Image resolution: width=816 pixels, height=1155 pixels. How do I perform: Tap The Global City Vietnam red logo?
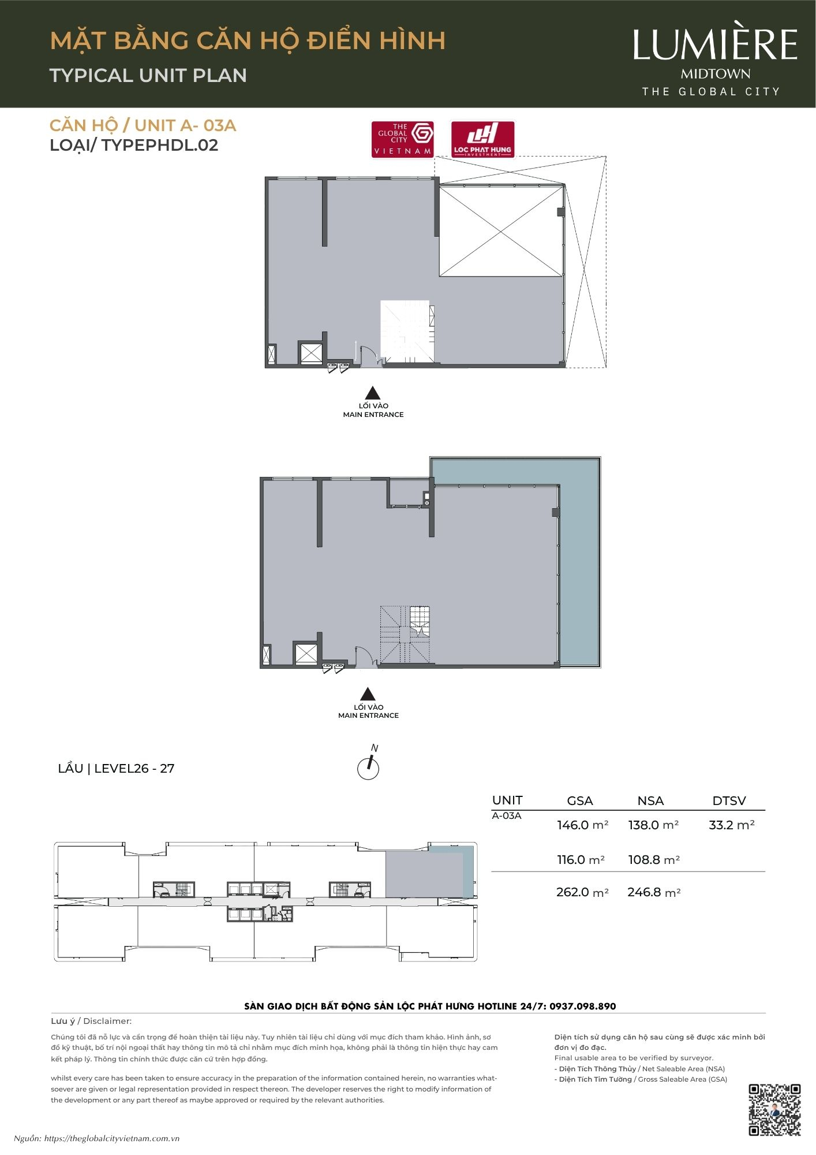point(402,139)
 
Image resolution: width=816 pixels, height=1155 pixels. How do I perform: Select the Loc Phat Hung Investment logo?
point(482,139)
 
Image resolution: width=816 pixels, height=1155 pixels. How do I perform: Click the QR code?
point(774,1110)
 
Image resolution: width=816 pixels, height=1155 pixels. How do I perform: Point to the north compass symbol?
point(368,767)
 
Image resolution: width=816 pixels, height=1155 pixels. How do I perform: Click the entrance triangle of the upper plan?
point(373,393)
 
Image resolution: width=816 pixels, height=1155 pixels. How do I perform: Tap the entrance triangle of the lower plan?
point(368,694)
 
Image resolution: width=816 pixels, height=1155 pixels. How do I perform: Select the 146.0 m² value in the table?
point(582,825)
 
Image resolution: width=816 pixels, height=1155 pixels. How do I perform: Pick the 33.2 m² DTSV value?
point(731,825)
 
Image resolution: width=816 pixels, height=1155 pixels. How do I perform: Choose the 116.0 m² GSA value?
point(581,860)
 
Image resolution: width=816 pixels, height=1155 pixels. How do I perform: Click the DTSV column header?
point(729,801)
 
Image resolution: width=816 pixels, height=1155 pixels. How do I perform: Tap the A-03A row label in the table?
point(506,816)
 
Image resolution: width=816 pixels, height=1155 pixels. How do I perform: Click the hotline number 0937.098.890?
point(582,1006)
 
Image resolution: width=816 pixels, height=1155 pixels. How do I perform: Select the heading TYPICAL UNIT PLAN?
point(148,76)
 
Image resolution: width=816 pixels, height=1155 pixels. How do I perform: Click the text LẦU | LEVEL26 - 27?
point(116,769)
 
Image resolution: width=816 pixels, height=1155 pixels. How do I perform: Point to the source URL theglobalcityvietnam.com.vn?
point(112,1139)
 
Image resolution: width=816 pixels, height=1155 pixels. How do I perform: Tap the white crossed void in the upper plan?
point(501,231)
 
